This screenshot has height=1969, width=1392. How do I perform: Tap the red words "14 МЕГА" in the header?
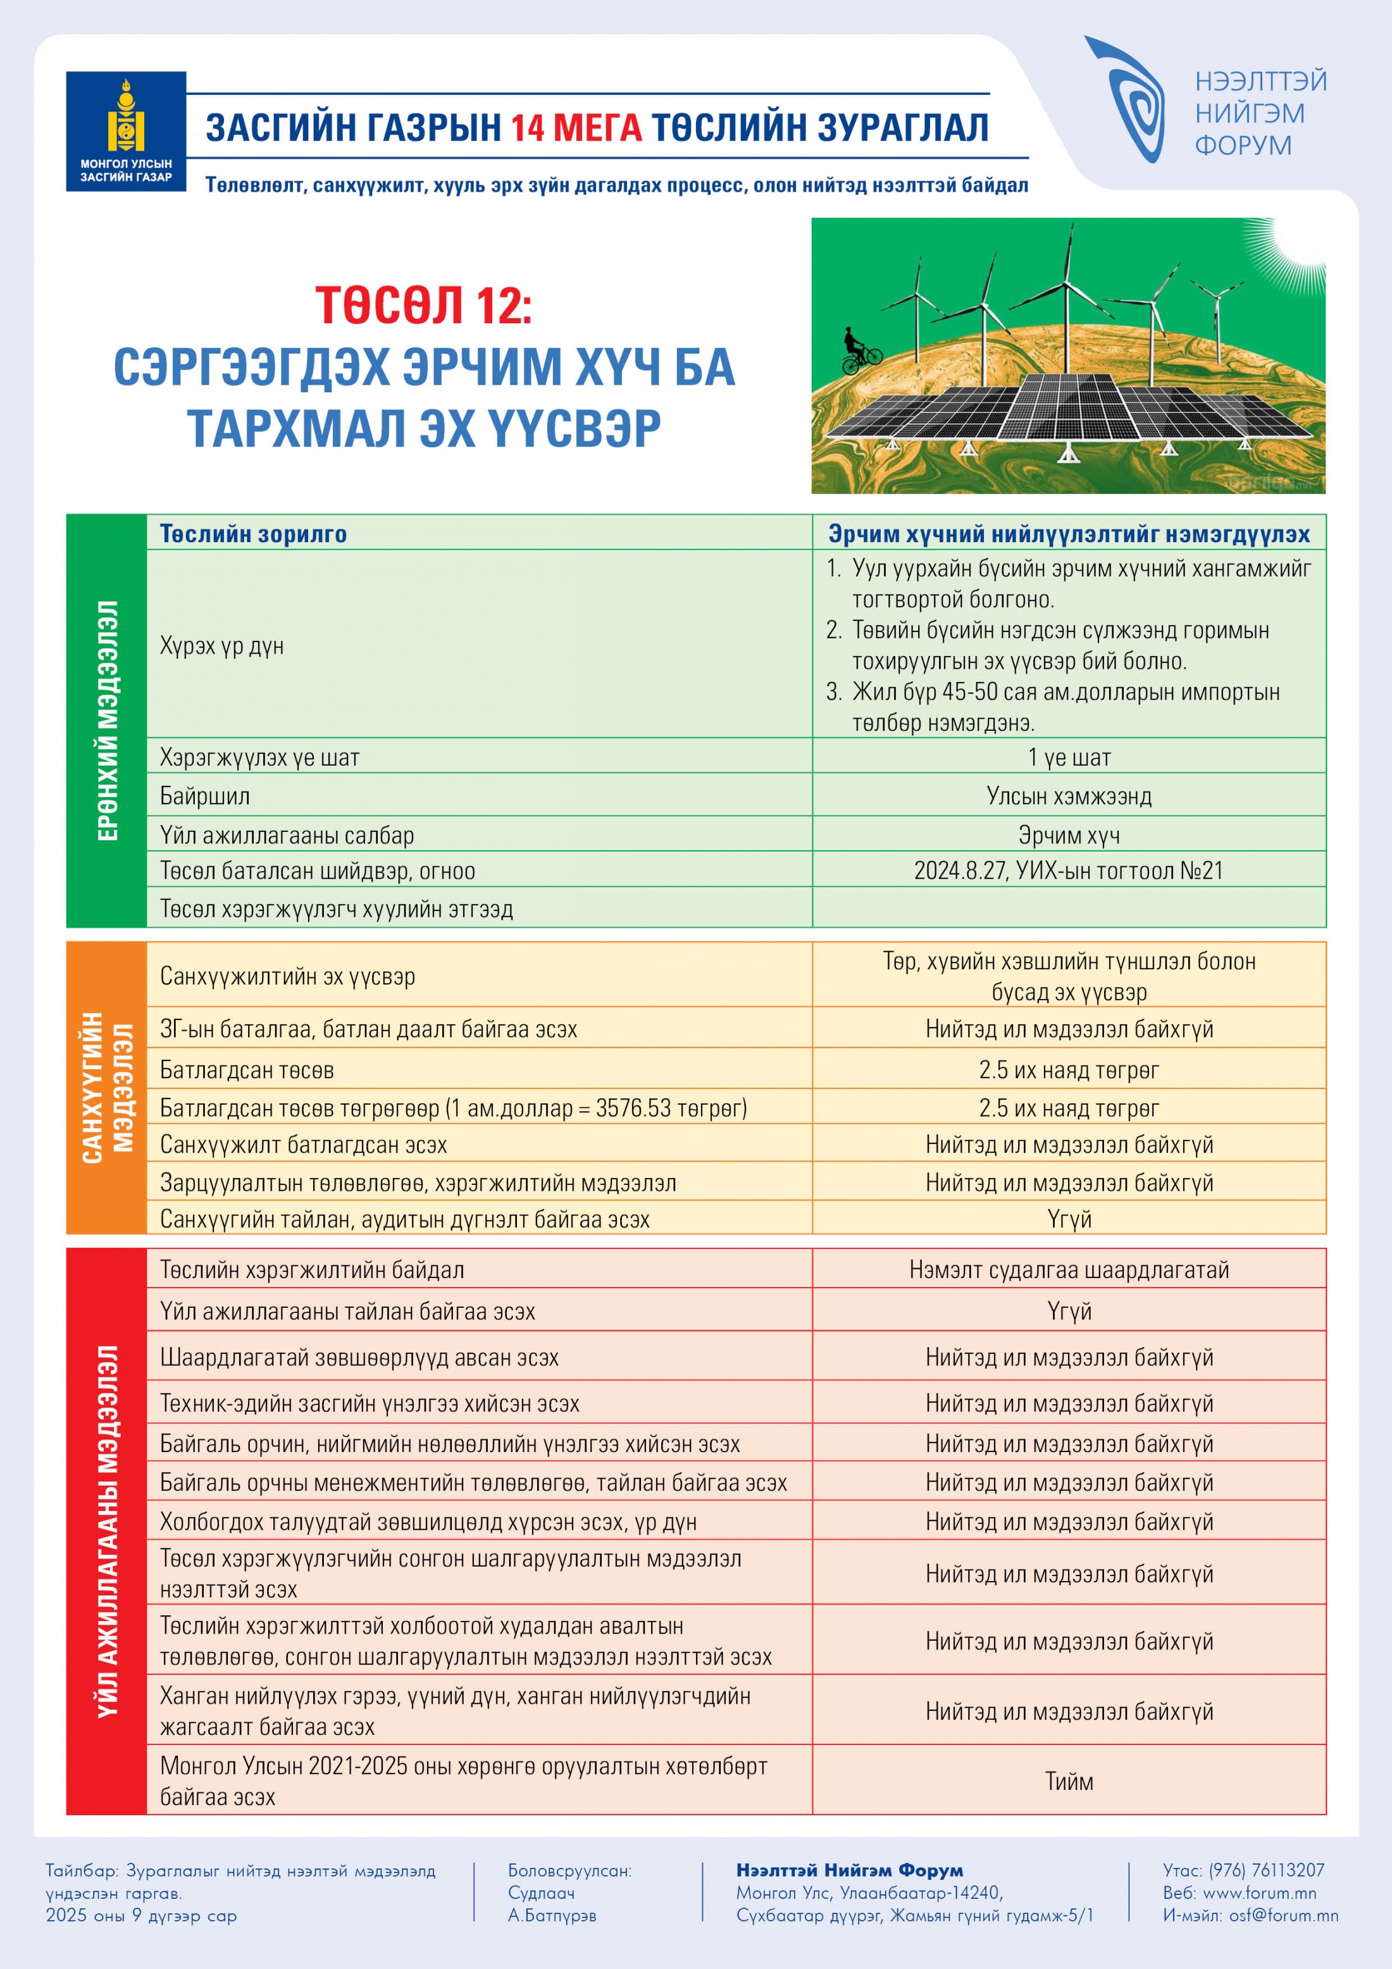[x=576, y=128]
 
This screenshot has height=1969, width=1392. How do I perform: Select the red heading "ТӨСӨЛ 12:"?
[x=424, y=306]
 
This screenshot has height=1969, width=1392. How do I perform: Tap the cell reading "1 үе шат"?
[x=1069, y=757]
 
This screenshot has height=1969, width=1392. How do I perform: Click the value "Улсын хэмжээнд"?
[x=1069, y=796]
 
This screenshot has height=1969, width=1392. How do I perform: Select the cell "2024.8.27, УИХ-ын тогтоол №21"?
[x=1069, y=871]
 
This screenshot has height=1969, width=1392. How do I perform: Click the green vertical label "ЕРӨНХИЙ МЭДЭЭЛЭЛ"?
[x=107, y=721]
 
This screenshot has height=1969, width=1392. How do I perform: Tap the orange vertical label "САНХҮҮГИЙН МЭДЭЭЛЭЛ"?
[x=107, y=1088]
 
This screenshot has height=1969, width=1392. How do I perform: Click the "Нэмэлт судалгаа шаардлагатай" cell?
[x=1069, y=1269]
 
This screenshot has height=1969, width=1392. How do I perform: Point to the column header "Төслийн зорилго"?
[x=254, y=534]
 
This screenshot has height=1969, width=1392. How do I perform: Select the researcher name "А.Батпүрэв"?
[x=552, y=1915]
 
